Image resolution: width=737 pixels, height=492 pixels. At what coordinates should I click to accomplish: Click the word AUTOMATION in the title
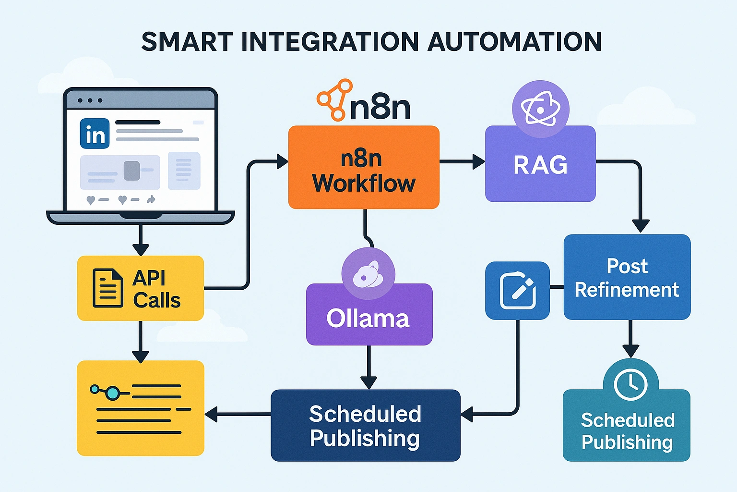pyautogui.click(x=514, y=42)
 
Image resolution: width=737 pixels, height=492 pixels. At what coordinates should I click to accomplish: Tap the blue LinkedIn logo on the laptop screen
pyautogui.click(x=95, y=134)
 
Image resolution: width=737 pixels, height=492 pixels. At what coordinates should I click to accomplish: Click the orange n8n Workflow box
pyautogui.click(x=364, y=167)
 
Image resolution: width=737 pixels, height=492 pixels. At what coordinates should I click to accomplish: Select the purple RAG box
pyautogui.click(x=540, y=164)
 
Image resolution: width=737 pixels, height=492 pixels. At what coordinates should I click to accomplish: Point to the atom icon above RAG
pyautogui.click(x=541, y=109)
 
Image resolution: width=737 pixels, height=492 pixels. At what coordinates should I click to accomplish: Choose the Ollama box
pyautogui.click(x=369, y=314)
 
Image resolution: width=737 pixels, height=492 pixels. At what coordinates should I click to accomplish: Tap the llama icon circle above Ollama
pyautogui.click(x=368, y=273)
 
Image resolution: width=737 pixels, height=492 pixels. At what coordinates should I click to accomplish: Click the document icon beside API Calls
pyautogui.click(x=107, y=288)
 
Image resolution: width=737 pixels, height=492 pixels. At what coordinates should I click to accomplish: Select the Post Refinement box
pyautogui.click(x=627, y=277)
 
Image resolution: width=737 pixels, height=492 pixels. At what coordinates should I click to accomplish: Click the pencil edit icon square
pyautogui.click(x=518, y=291)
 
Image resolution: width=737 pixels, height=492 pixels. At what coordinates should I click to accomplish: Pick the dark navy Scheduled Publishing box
pyautogui.click(x=366, y=425)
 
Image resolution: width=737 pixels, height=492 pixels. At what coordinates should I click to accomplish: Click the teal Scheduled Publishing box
pyautogui.click(x=627, y=425)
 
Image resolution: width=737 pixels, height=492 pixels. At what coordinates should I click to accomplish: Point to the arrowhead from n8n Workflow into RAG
pyautogui.click(x=479, y=161)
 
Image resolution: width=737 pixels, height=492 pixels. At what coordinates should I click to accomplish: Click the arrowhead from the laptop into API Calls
pyautogui.click(x=141, y=250)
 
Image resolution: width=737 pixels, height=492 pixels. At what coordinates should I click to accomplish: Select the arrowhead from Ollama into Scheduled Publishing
pyautogui.click(x=369, y=383)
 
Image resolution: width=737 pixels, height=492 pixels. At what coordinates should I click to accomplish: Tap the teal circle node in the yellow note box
pyautogui.click(x=113, y=393)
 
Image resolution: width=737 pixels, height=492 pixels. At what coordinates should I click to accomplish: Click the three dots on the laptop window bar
pyautogui.click(x=90, y=100)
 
